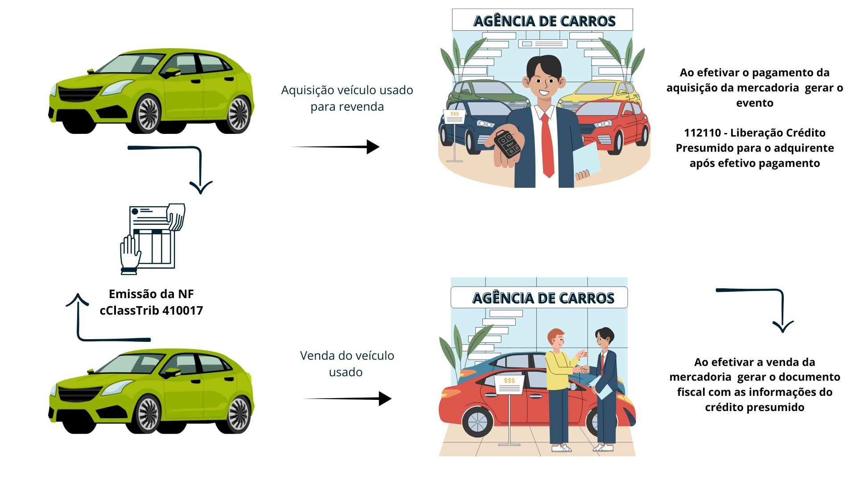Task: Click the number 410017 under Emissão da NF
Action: pyautogui.click(x=183, y=311)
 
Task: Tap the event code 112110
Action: pyautogui.click(x=702, y=133)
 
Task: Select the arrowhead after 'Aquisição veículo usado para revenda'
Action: pyautogui.click(x=373, y=147)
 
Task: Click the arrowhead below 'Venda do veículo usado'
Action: pyautogui.click(x=385, y=399)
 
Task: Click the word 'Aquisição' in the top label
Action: pyautogui.click(x=308, y=90)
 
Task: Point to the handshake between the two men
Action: pyautogui.click(x=582, y=370)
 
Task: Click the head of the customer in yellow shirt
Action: pyautogui.click(x=556, y=339)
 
